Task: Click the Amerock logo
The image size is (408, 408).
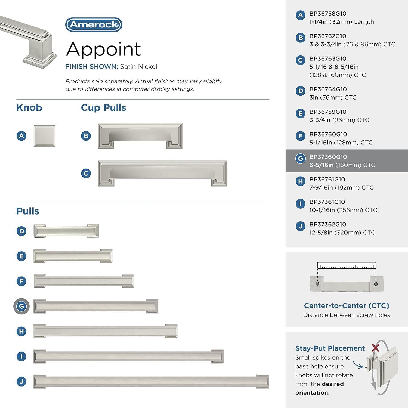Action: [94, 25]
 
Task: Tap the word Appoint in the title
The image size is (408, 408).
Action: [103, 49]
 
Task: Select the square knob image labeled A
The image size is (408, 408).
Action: [44, 136]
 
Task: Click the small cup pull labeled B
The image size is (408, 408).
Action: [140, 136]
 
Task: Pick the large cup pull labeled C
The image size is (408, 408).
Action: [162, 173]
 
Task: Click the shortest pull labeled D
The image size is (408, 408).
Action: [66, 231]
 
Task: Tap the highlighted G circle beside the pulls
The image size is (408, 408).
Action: [21, 306]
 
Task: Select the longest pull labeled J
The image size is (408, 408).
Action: [151, 381]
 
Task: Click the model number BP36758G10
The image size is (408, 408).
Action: [328, 14]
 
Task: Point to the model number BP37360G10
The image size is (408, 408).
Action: [328, 157]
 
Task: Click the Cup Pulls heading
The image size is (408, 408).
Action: [103, 108]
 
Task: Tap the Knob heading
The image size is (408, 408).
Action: [29, 108]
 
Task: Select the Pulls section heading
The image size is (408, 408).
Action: [28, 211]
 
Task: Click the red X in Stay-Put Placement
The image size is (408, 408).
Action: [376, 347]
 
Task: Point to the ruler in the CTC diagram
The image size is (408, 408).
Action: [347, 266]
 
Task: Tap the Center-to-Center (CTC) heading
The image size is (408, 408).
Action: [347, 306]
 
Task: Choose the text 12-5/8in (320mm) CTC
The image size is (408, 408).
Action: [342, 233]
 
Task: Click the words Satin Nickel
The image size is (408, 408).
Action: [138, 67]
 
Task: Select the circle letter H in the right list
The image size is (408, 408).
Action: [300, 181]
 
